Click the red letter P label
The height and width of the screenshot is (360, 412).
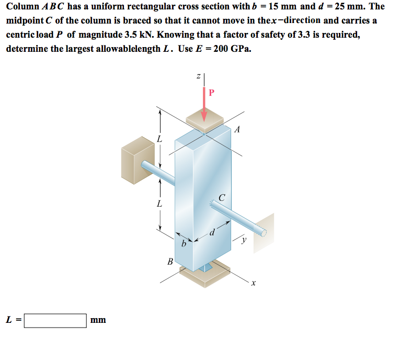point(211,93)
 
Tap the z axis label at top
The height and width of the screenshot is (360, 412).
point(198,77)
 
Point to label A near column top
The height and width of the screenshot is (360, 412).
point(237,129)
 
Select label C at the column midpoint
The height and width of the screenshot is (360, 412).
point(222,198)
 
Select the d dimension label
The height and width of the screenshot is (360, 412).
point(212,232)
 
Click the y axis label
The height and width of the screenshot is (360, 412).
point(243,241)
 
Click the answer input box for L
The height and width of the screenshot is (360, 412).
point(55,320)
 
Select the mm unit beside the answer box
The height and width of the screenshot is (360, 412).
point(98,320)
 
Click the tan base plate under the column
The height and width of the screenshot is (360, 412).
point(204,275)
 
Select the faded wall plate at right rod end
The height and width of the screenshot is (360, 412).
point(264,230)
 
